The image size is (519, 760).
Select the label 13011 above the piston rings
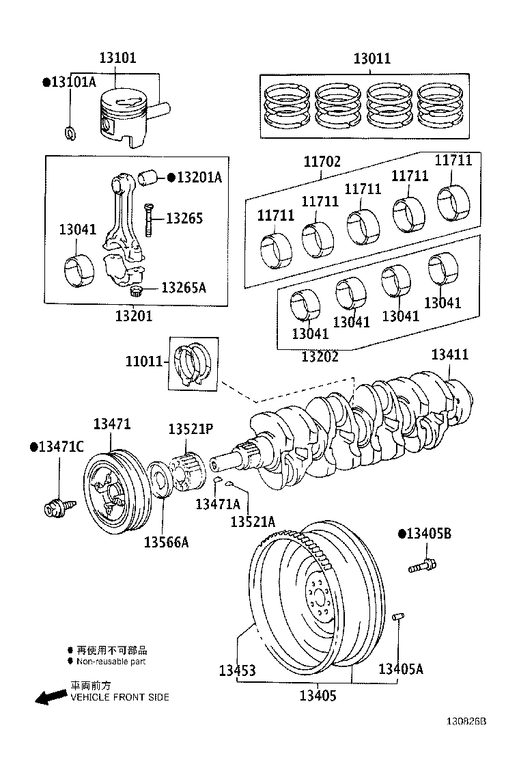[x=371, y=59]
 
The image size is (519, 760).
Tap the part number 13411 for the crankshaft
[x=450, y=355]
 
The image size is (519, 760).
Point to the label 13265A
[x=183, y=288]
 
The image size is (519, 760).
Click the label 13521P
[x=191, y=429]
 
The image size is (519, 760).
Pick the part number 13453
[x=237, y=670]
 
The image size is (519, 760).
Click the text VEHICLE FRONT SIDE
[x=120, y=697]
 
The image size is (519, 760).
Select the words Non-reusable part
[x=111, y=661]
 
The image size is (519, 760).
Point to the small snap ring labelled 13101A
[x=70, y=131]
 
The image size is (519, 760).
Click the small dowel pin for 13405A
[x=399, y=618]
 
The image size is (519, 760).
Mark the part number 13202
[x=320, y=356]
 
